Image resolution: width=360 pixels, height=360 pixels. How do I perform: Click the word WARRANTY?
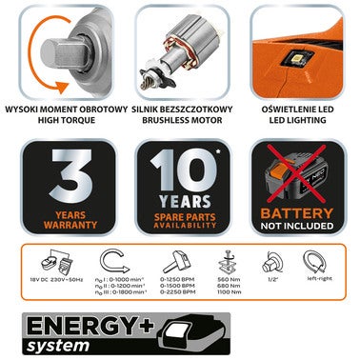click(60, 227)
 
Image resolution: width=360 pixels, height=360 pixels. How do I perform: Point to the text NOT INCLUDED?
click(296, 229)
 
